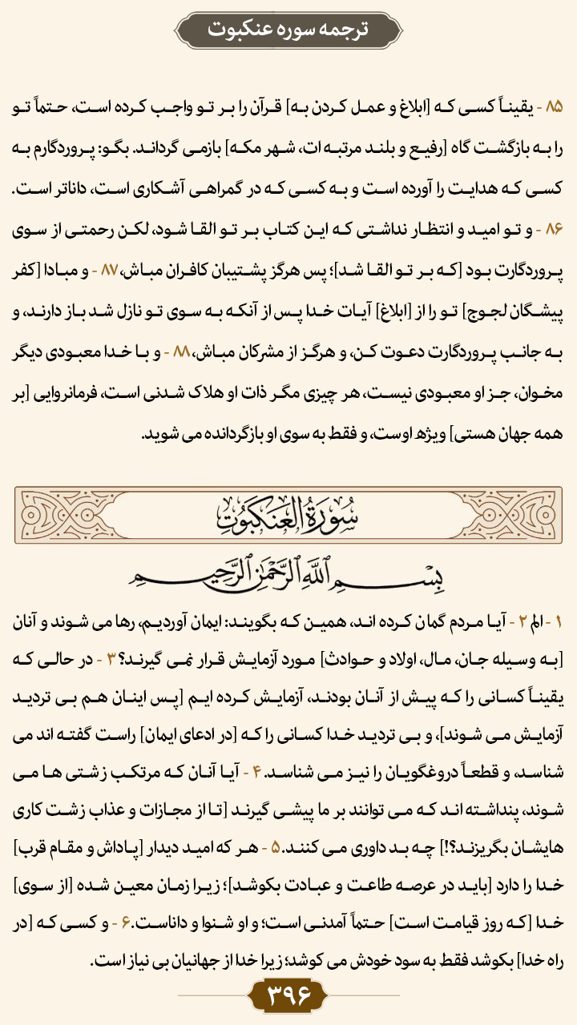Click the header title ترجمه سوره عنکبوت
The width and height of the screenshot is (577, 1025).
click(288, 30)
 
